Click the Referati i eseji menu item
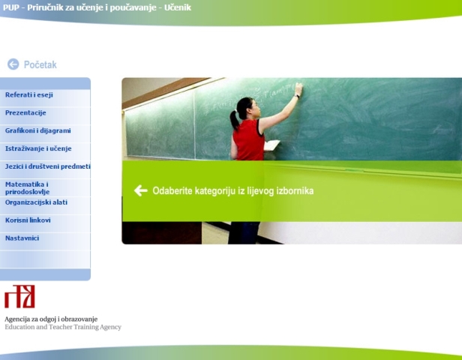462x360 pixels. [28, 94]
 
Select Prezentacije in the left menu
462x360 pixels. [25, 112]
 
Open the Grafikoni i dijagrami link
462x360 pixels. [38, 130]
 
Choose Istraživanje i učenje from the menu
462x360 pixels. [38, 148]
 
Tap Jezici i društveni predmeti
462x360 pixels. [48, 166]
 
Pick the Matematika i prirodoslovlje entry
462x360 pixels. [28, 188]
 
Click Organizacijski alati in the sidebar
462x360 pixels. [36, 202]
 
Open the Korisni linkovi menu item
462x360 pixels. [28, 220]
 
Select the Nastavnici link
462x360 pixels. [22, 238]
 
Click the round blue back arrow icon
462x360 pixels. [13, 64]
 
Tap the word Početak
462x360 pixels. [40, 64]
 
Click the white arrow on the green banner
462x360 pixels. [140, 190]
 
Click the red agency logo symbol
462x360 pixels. [19, 296]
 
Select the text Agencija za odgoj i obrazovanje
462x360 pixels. [51, 319]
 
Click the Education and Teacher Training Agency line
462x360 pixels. [63, 327]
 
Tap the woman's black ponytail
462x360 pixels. [235, 120]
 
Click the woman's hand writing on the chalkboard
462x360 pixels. [298, 88]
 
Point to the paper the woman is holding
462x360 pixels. [271, 145]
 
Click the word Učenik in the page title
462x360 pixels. [177, 7]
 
